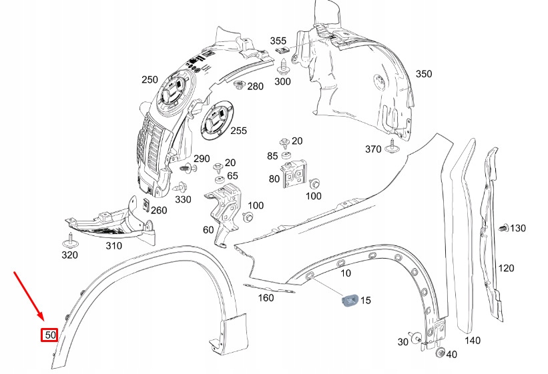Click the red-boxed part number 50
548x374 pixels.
(49, 335)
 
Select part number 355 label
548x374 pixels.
(278, 41)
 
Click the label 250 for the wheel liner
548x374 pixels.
(150, 80)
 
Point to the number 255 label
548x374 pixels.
(238, 131)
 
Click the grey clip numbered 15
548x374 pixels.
(349, 301)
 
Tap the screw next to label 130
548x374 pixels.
(503, 229)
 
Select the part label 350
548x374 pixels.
(424, 74)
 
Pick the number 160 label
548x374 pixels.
(266, 298)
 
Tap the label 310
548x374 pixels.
(113, 246)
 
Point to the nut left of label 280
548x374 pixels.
(238, 85)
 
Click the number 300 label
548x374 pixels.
(283, 81)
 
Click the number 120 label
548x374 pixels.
(506, 269)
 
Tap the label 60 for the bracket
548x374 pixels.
(208, 230)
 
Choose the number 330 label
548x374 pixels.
(183, 199)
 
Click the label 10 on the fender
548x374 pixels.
(345, 273)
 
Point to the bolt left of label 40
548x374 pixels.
(439, 353)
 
